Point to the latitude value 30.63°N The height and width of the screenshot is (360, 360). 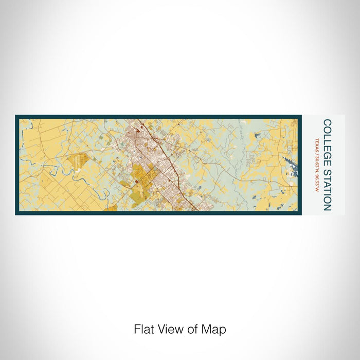click(x=317, y=166)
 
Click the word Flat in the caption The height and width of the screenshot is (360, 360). click(x=144, y=329)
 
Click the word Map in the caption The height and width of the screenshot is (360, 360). click(x=214, y=329)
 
